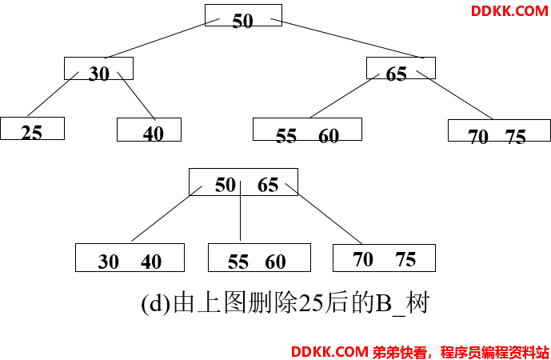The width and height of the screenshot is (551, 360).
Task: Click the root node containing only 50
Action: pos(243,15)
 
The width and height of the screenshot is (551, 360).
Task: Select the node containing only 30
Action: pos(98,68)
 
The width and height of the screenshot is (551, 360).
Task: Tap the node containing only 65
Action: pos(401,68)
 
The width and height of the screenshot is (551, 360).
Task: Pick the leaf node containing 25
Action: pos(32,128)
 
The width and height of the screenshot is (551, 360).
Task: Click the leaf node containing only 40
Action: pos(149,130)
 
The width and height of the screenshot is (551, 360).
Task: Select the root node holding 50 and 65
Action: pos(244,182)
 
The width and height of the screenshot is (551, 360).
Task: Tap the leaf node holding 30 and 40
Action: pos(130,258)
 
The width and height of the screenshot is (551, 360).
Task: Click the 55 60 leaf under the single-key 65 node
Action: pos(307,129)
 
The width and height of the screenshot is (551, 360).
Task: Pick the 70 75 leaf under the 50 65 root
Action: pos(384,258)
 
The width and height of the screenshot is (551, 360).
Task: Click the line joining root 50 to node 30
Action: pos(162,38)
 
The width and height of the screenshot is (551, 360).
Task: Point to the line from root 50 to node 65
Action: pos(347,38)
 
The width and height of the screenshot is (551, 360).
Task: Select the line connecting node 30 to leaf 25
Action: pos(53,94)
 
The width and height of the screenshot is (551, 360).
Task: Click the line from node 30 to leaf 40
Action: pos(136,96)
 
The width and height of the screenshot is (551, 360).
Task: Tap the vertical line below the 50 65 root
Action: pos(241,211)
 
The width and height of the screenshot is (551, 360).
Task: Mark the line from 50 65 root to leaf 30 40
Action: pos(167,214)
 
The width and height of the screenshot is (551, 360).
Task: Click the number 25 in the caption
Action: pos(311,303)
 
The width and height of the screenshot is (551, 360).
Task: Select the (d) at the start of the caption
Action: pos(156,303)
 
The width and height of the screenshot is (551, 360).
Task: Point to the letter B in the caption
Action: pos(383,303)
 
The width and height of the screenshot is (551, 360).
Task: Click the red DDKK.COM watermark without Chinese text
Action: pos(509,11)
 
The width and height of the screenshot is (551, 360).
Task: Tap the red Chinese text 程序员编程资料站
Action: pos(495,352)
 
